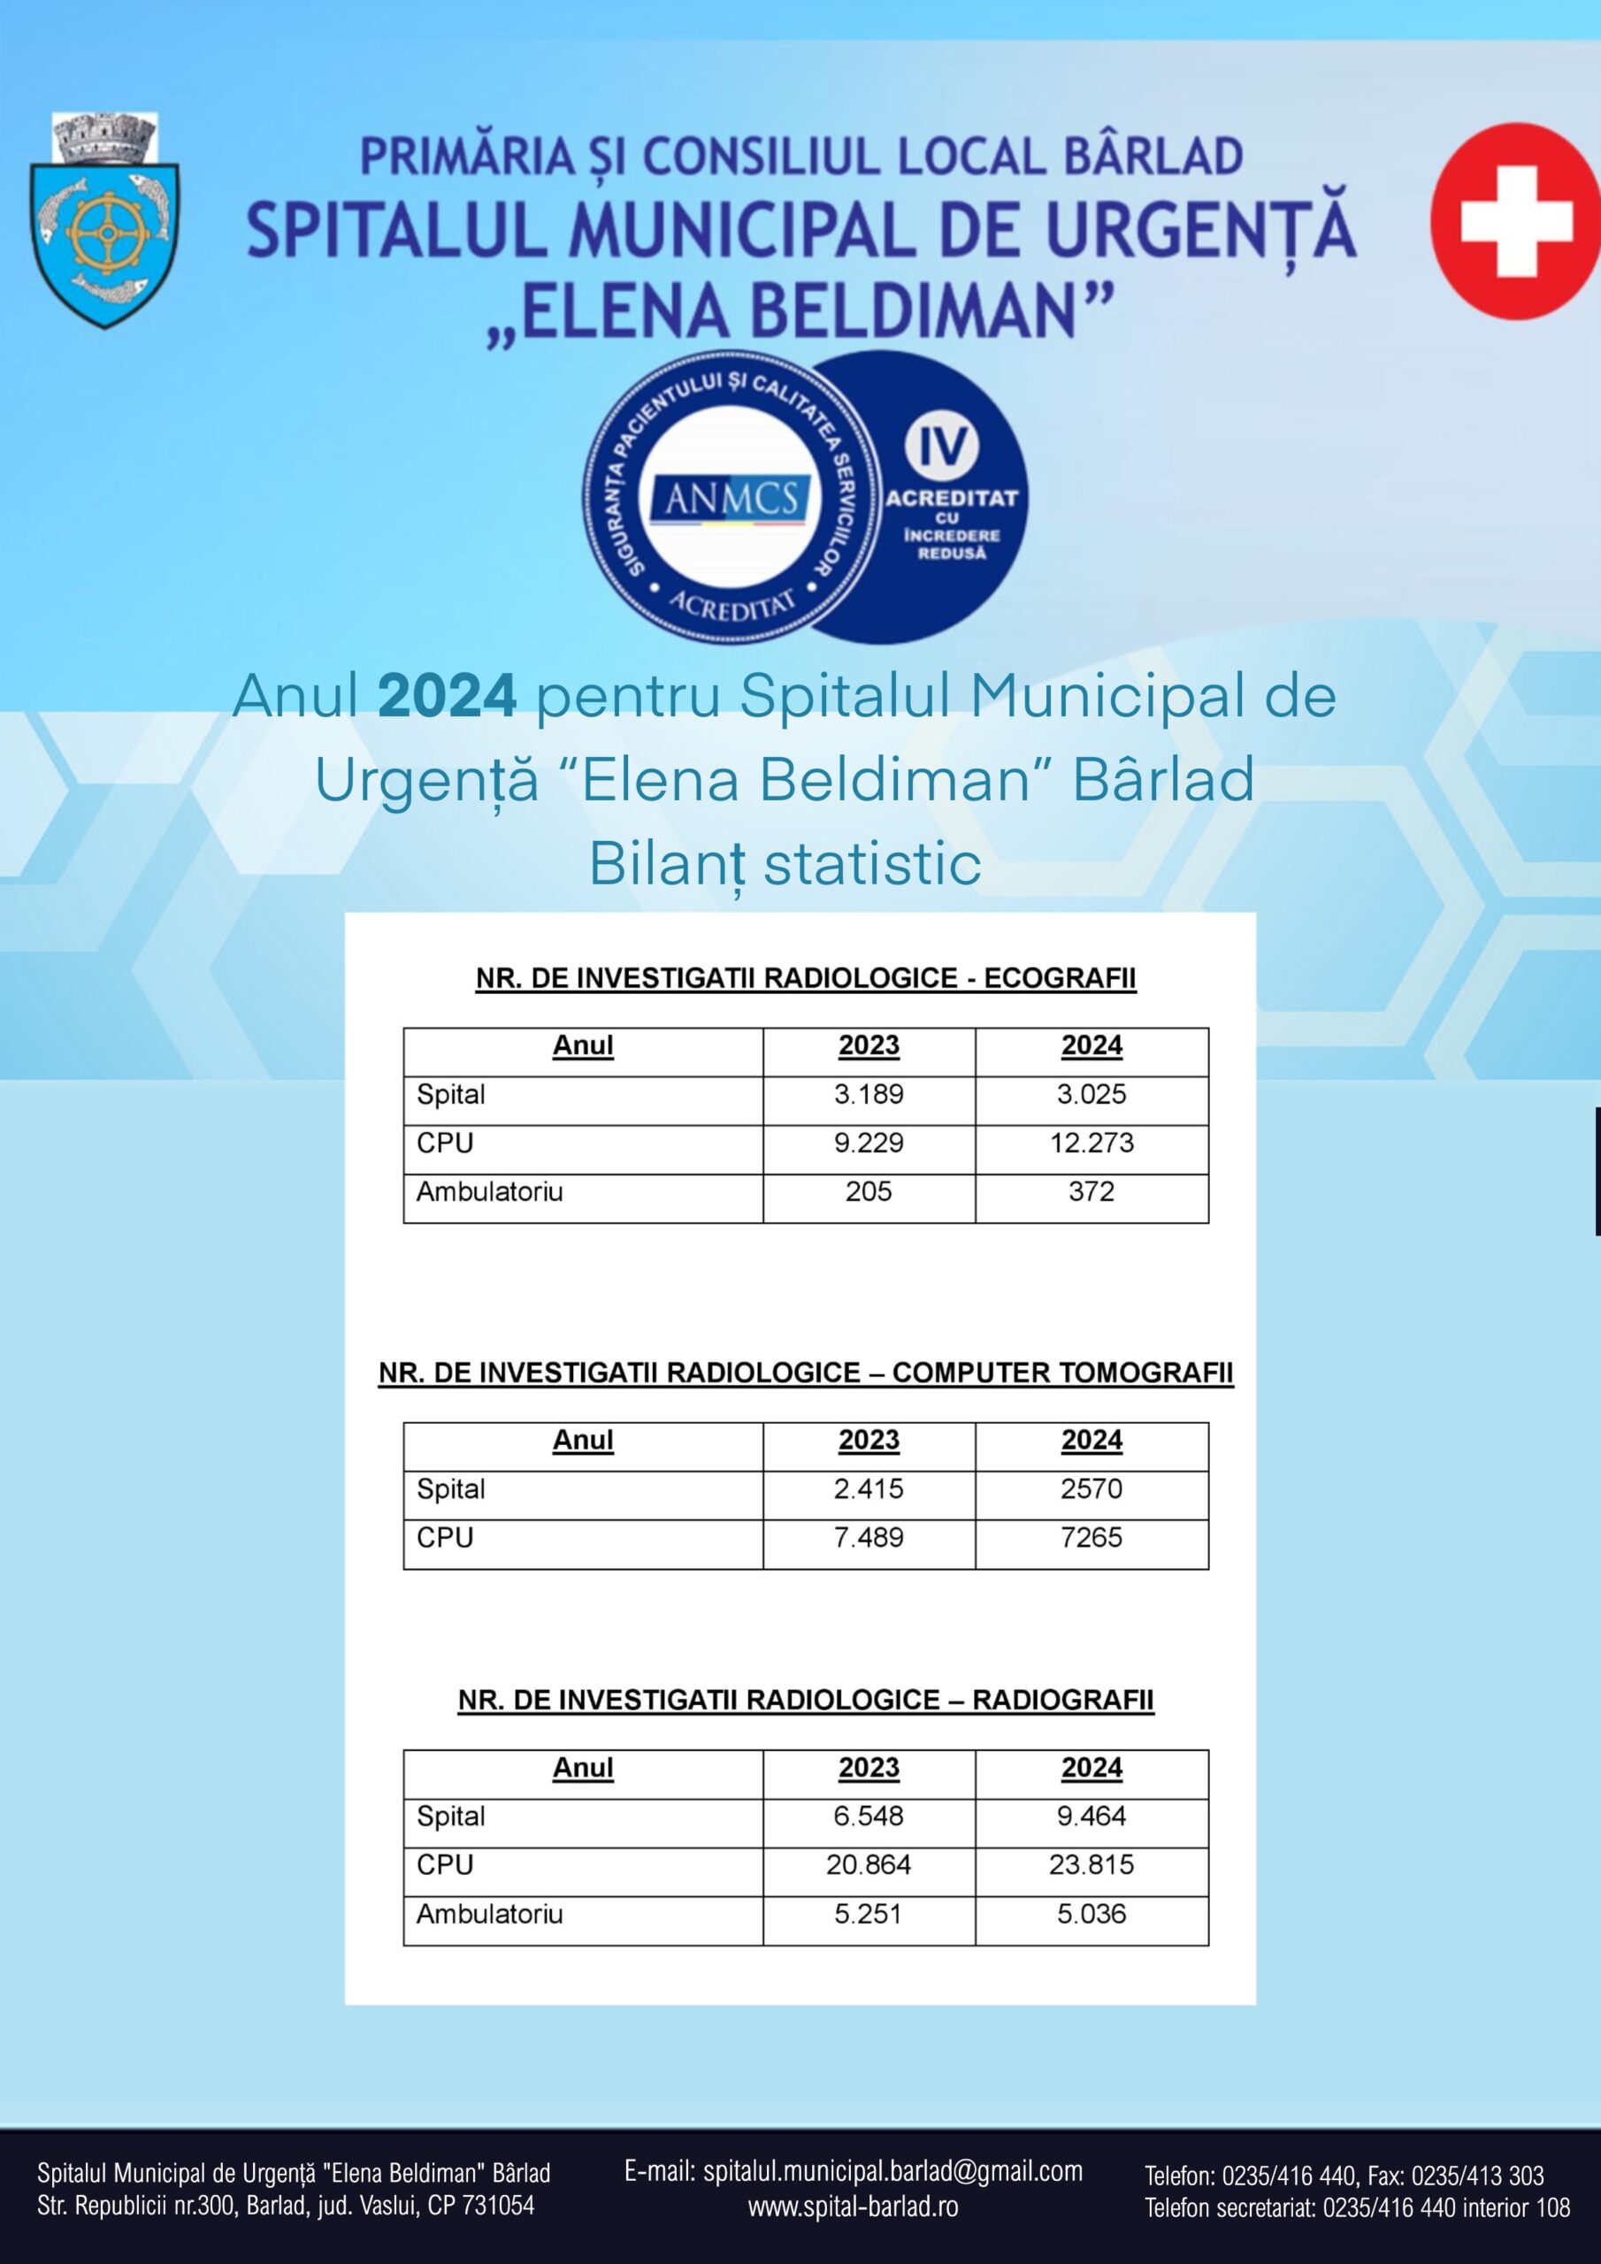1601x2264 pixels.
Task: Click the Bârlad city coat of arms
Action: pyautogui.click(x=104, y=222)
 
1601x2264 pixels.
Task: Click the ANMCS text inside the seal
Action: pyautogui.click(x=731, y=499)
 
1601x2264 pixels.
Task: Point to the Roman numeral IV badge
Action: pyautogui.click(x=942, y=447)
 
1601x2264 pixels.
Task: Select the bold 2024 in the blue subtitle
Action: pyautogui.click(x=447, y=696)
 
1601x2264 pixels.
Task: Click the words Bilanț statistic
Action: pyautogui.click(x=785, y=864)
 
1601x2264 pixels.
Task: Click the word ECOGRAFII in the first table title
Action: pyautogui.click(x=1060, y=978)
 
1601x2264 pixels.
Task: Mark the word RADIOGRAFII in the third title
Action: pyautogui.click(x=1062, y=1700)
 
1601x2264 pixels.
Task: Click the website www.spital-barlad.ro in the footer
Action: pyautogui.click(x=854, y=2207)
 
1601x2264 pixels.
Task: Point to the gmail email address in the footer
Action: pyautogui.click(x=892, y=2171)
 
